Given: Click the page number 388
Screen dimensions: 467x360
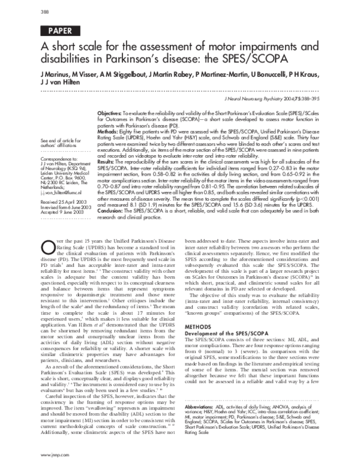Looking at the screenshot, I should [x=45, y=13].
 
